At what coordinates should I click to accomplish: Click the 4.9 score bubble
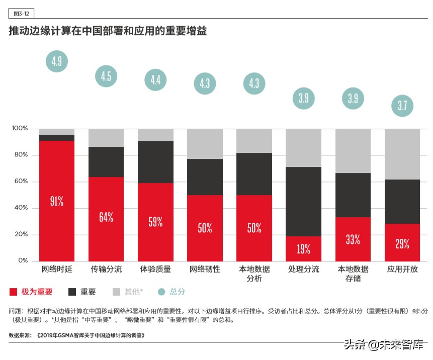click(56, 62)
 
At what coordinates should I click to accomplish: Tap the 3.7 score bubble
click(402, 106)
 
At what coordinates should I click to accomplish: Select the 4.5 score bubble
click(106, 76)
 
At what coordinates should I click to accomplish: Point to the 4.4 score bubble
click(155, 79)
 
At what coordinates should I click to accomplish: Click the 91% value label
click(56, 202)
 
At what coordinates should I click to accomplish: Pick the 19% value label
click(303, 248)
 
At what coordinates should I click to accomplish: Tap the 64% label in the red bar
click(106, 217)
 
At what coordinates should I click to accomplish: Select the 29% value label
click(402, 244)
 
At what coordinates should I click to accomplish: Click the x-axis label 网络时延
click(56, 269)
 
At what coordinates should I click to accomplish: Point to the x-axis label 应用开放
click(402, 269)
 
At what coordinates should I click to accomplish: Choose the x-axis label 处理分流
click(303, 269)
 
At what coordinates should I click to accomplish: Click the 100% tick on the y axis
click(20, 129)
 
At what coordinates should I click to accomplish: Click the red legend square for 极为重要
click(14, 292)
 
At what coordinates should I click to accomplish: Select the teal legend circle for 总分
click(161, 292)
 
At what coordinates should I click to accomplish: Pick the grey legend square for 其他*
click(116, 292)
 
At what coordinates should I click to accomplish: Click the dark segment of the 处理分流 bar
click(303, 202)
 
